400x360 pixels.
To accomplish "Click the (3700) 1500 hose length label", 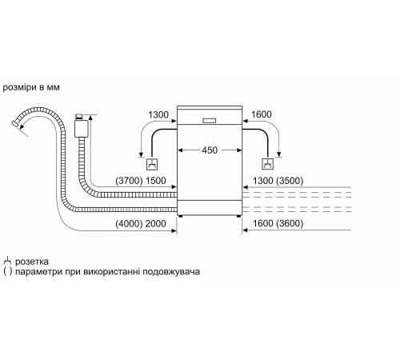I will [142, 182].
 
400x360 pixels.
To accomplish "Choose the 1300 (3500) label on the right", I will [279, 182].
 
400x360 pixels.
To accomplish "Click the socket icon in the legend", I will [8, 261].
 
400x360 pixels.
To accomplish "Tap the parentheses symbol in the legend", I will [8, 272].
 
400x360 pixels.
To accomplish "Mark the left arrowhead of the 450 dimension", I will [181, 149].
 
